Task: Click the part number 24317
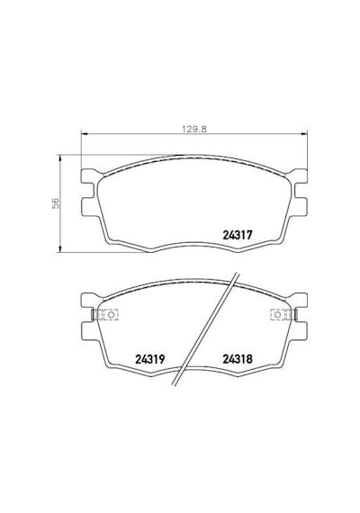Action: click(238, 235)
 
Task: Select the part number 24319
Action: click(150, 359)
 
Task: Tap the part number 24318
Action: click(238, 359)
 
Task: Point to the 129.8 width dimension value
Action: click(194, 130)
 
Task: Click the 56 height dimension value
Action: click(56, 202)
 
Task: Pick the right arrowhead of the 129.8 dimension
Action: click(304, 133)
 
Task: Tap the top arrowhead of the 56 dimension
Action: click(59, 158)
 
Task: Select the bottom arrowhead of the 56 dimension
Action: click(59, 248)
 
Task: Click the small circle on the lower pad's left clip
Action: click(111, 315)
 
